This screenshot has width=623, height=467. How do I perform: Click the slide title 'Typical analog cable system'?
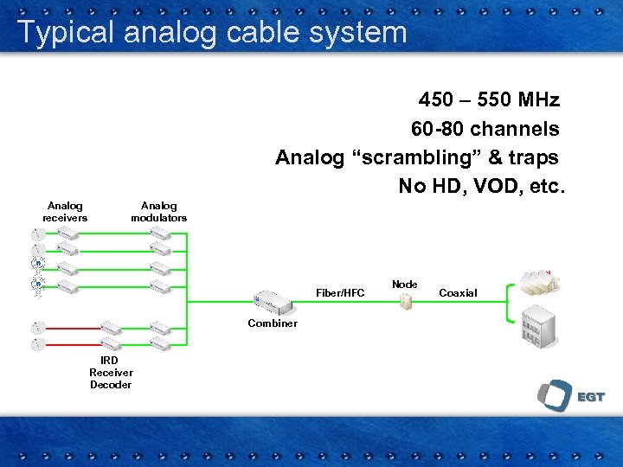point(212,33)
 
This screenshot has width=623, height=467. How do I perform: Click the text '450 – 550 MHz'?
point(489,99)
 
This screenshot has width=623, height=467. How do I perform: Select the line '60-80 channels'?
point(485,129)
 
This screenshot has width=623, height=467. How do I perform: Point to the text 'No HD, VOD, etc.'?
point(480,186)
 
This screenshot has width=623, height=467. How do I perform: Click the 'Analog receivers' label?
point(65,212)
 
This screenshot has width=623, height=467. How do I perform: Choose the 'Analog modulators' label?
point(158,212)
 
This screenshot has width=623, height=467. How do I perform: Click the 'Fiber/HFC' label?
point(340,293)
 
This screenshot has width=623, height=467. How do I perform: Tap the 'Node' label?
point(404,285)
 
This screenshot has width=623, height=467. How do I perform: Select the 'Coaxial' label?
point(458,293)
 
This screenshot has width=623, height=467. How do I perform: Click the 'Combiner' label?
point(272,323)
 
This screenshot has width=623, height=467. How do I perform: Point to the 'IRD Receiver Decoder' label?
point(111,373)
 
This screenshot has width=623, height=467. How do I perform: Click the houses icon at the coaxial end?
point(536,280)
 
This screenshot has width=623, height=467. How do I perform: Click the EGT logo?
point(570,396)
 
